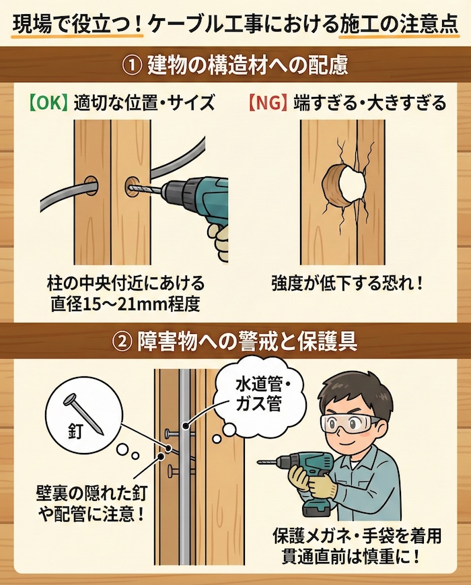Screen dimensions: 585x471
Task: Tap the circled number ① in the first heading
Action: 132,66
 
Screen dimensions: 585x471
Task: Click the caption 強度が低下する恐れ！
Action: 348,281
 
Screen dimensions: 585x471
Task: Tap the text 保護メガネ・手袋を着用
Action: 357,537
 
